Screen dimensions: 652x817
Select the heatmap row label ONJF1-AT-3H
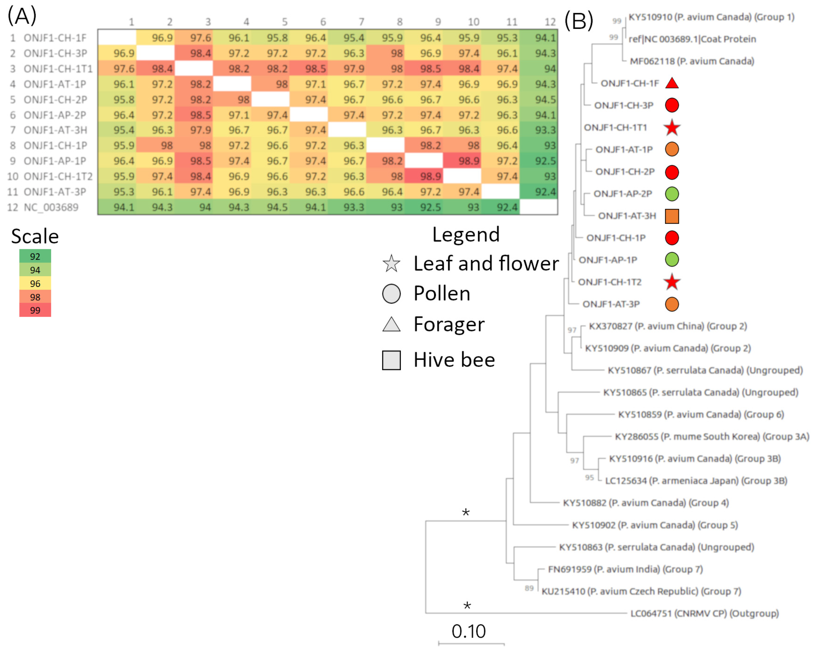[55, 130]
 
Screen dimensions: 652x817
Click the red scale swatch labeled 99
[35, 310]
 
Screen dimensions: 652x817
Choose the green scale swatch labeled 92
[35, 256]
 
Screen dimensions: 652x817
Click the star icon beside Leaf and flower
[391, 264]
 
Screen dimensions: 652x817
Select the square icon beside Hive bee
[391, 360]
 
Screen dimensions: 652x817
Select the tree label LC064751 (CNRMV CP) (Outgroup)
[704, 613]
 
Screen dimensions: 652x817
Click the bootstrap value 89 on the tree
[529, 588]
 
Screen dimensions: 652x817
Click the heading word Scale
[35, 236]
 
